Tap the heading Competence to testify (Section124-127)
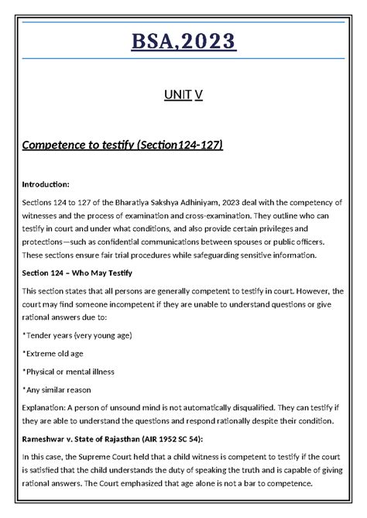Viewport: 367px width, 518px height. [x=122, y=145]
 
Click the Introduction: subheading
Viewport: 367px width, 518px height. [x=46, y=184]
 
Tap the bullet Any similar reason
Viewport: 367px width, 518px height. [x=58, y=389]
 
